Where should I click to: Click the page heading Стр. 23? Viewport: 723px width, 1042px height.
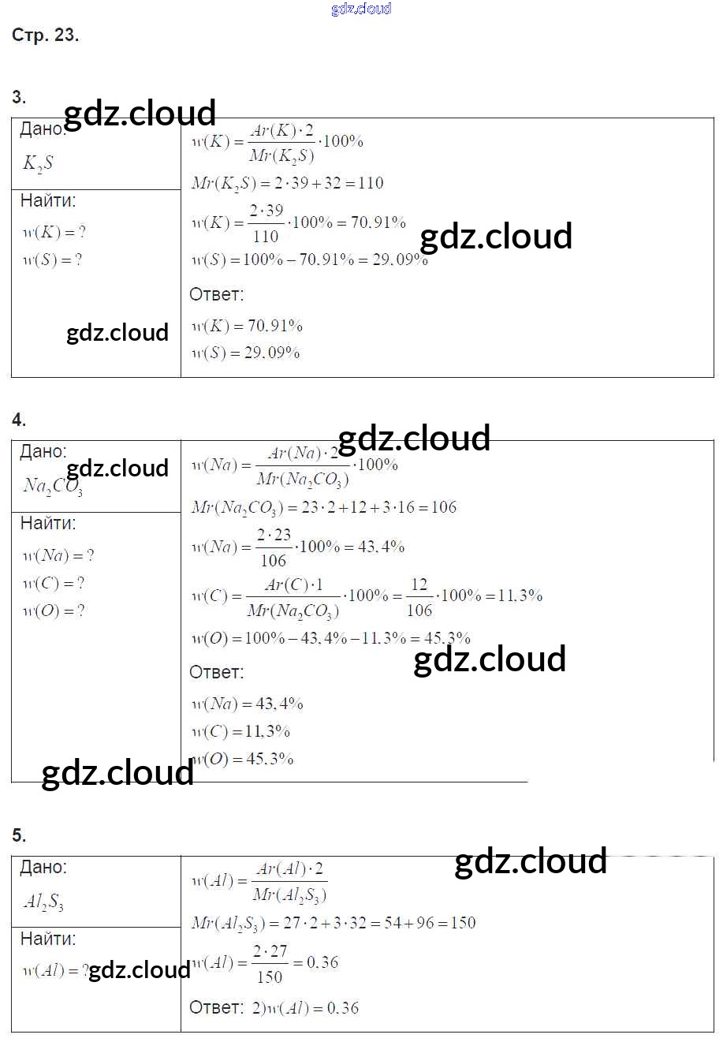click(45, 35)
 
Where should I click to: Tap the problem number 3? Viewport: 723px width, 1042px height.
click(19, 98)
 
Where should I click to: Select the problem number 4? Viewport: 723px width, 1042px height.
click(19, 420)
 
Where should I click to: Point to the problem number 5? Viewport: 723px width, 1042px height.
click(19, 836)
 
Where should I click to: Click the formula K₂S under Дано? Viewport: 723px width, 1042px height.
click(39, 164)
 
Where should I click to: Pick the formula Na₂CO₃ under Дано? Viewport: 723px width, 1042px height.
click(53, 485)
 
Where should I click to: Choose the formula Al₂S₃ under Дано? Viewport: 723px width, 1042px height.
click(43, 902)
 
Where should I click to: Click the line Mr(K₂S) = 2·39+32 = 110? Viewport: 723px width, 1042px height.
click(287, 183)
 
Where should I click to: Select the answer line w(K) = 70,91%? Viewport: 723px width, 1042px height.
click(247, 326)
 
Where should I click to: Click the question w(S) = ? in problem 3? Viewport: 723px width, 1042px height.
click(52, 260)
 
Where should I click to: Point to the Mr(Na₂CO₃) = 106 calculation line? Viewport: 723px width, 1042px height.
click(323, 507)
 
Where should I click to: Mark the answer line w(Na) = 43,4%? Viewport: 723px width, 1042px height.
click(247, 704)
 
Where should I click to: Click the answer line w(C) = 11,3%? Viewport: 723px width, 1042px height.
click(240, 732)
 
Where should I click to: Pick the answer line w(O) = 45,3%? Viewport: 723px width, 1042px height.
click(243, 760)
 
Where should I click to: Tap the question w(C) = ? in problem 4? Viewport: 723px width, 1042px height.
click(53, 584)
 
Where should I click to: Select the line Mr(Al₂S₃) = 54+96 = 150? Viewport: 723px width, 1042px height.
click(333, 923)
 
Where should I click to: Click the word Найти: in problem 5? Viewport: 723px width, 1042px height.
click(48, 939)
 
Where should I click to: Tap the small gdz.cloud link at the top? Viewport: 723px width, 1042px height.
click(361, 9)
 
